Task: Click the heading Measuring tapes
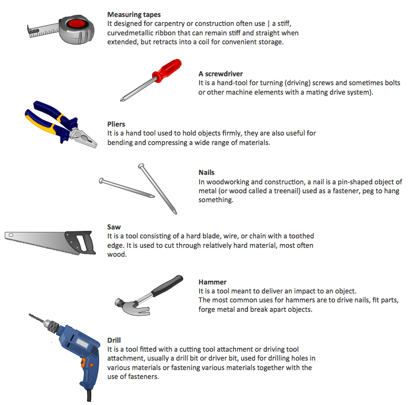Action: (134, 15)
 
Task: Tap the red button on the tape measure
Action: (76, 24)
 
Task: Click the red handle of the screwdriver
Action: (167, 70)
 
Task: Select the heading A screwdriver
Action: (220, 74)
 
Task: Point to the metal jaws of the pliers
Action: (83, 137)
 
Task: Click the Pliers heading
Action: (116, 124)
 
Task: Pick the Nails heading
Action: (206, 173)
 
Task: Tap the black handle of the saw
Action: (80, 242)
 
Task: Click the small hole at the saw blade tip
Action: (11, 235)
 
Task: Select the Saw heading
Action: (114, 227)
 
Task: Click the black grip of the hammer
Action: (167, 285)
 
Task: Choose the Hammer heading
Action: (212, 282)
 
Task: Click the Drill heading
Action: (114, 340)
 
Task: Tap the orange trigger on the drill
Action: (83, 362)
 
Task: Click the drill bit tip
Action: (29, 314)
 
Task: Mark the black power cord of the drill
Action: (89, 396)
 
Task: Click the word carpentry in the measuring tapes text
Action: (169, 24)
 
